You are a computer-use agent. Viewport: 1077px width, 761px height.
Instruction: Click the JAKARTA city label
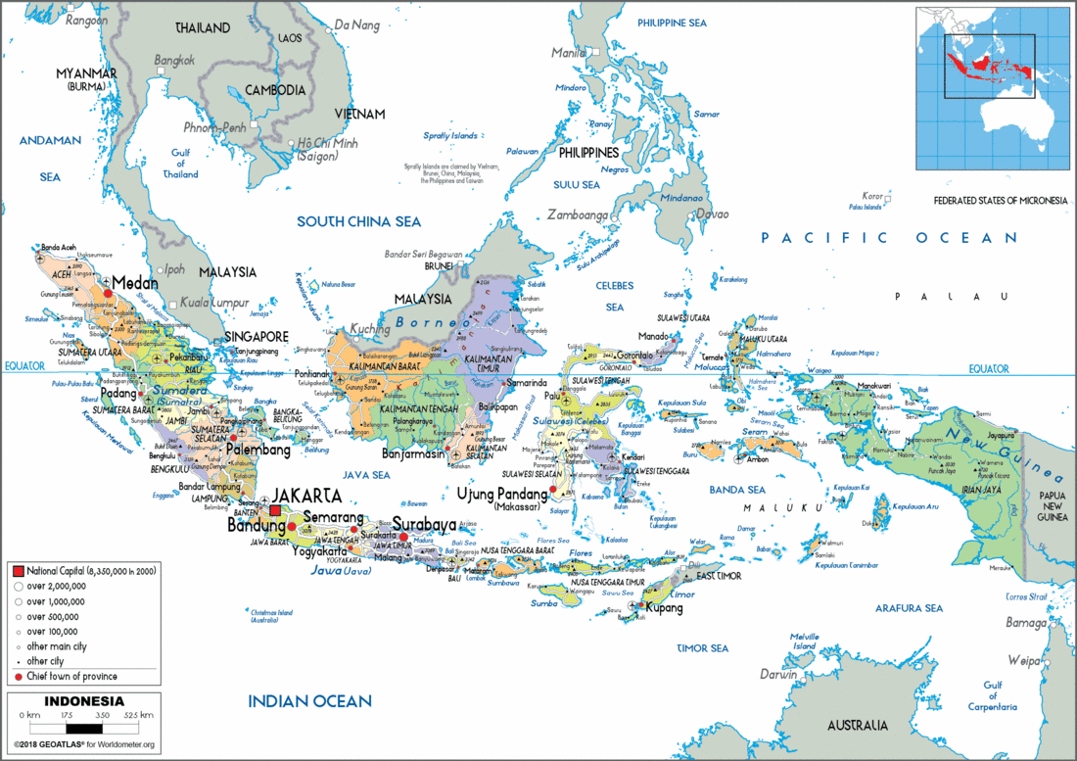pos(307,495)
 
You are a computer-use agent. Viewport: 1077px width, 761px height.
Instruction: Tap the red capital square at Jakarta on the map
pos(276,511)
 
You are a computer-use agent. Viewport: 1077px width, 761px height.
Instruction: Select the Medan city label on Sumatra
pos(135,282)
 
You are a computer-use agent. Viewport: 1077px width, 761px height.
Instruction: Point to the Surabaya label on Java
pos(424,523)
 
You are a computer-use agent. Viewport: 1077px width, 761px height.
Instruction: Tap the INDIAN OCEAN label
pos(309,700)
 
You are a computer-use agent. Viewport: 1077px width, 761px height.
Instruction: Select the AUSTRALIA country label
pos(858,726)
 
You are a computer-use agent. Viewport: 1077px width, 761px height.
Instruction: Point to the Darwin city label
pos(778,674)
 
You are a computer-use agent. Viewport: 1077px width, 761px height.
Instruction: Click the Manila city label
pos(568,52)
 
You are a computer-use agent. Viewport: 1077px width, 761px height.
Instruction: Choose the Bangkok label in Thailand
pos(173,60)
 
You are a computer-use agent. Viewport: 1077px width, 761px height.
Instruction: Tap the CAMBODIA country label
pos(275,90)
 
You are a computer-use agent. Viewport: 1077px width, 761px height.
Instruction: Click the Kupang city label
pos(664,608)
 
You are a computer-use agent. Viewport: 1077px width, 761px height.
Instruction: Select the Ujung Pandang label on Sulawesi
pos(502,493)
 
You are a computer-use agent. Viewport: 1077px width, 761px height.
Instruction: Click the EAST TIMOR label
pos(719,576)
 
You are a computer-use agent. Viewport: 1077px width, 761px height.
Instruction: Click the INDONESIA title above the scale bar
pos(84,701)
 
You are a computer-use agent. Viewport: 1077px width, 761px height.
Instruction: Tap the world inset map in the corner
pos(990,84)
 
